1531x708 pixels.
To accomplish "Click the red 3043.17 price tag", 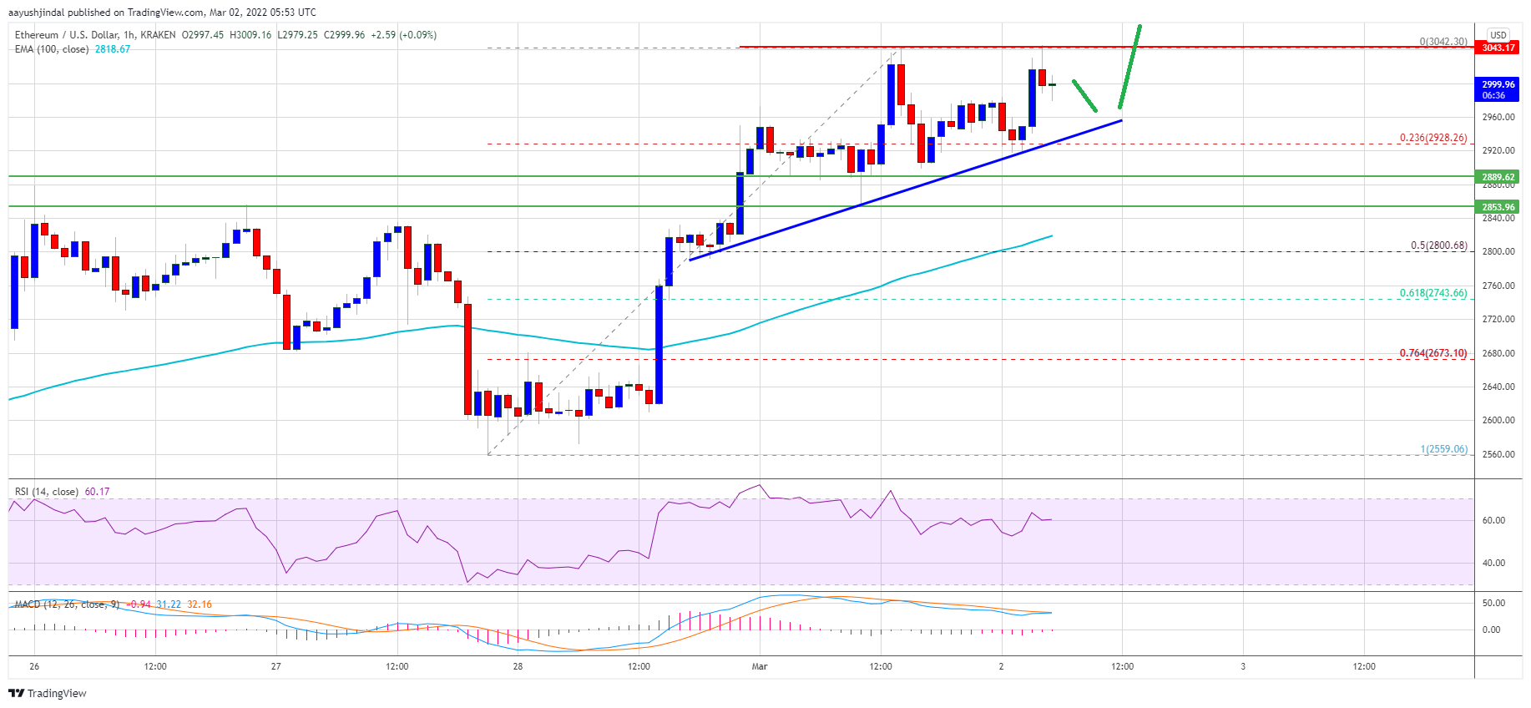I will [1498, 48].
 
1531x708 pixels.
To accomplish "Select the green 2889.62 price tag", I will [1498, 177].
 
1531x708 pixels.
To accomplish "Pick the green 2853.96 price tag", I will [1498, 207].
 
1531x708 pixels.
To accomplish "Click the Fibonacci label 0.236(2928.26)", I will [1432, 138].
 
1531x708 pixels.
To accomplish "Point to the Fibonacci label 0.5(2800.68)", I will [1438, 245].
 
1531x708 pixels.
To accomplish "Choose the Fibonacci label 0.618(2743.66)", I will [1432, 293].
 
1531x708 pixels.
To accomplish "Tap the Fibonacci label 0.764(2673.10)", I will [1432, 353].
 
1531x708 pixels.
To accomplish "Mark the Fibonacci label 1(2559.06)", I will [1443, 449].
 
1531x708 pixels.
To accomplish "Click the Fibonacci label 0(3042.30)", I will [1443, 41].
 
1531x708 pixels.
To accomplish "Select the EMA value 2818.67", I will [112, 49].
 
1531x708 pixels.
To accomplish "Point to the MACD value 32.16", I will [199, 604].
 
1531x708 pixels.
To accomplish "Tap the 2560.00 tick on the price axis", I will [1498, 454].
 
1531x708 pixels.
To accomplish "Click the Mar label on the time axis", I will [759, 666].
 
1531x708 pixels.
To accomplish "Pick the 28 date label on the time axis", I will [518, 666].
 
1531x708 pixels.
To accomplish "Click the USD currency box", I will [1498, 35].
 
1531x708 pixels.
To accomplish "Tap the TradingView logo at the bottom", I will [48, 693].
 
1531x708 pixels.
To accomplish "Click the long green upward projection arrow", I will [1129, 67].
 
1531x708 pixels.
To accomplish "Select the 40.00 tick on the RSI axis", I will [1493, 563].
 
